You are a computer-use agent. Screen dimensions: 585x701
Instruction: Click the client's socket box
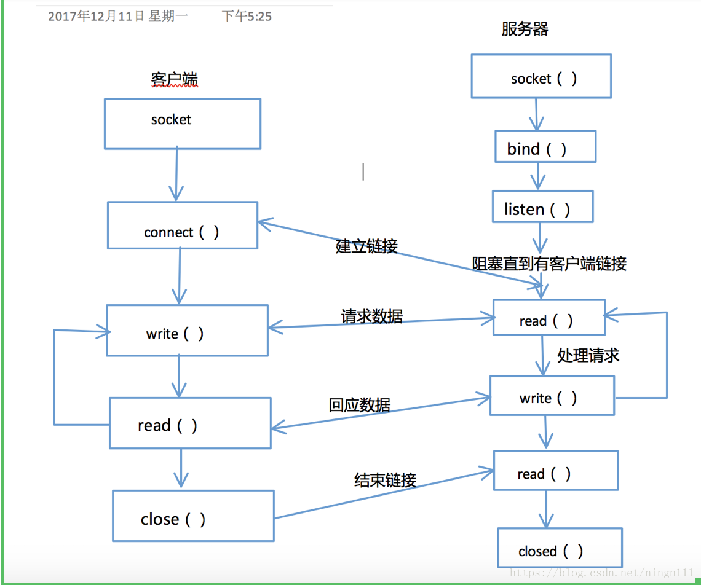click(x=182, y=124)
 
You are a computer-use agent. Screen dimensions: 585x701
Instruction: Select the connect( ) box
click(x=182, y=226)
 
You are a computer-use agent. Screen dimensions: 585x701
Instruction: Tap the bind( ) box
click(x=545, y=147)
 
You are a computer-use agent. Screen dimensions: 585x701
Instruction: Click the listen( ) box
click(x=542, y=206)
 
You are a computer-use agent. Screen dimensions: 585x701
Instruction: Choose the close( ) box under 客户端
click(x=193, y=516)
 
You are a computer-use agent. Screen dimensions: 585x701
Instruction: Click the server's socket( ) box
click(x=541, y=76)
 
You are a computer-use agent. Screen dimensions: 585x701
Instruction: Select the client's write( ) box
click(x=187, y=330)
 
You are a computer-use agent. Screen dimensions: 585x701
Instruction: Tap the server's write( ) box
click(x=552, y=395)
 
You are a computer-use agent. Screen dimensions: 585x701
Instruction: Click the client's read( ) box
click(x=190, y=423)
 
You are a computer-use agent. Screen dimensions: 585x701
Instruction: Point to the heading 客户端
click(x=174, y=79)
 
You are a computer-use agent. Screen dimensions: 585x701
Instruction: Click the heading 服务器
click(x=525, y=29)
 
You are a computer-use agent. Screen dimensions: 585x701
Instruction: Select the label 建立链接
click(x=366, y=246)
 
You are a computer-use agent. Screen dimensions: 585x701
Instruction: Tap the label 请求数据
click(x=372, y=316)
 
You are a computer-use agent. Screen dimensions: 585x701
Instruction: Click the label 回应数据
click(x=359, y=405)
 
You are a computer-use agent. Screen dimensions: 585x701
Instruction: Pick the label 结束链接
click(x=385, y=480)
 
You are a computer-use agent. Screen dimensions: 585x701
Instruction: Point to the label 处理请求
click(x=588, y=355)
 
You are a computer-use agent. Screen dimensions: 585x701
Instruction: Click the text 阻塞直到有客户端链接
click(x=549, y=264)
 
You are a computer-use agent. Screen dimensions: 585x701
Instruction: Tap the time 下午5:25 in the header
click(x=247, y=17)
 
